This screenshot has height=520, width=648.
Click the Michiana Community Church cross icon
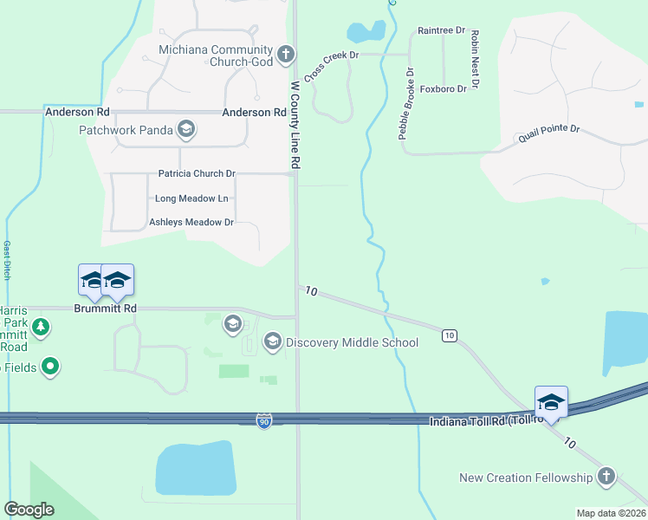[x=286, y=57]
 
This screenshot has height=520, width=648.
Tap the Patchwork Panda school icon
[x=185, y=131]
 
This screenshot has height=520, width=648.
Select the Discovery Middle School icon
[x=272, y=342]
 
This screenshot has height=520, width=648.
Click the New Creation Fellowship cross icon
[x=606, y=478]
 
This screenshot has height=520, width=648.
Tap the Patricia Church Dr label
[x=197, y=174]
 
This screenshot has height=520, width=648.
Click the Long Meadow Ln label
[x=191, y=198]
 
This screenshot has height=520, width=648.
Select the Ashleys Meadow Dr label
[x=191, y=223]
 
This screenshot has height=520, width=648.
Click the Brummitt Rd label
[x=106, y=309]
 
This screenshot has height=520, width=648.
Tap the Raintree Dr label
[x=442, y=30]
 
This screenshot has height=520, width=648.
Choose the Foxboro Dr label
[x=443, y=89]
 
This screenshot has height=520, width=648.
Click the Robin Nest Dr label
[x=475, y=60]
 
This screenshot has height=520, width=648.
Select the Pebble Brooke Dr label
[x=406, y=103]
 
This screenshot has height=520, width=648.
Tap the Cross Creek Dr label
[x=330, y=67]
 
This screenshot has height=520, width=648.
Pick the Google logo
[x=29, y=509]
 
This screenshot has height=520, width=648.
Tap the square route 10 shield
[x=449, y=335]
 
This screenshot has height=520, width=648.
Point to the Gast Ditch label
[x=7, y=259]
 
